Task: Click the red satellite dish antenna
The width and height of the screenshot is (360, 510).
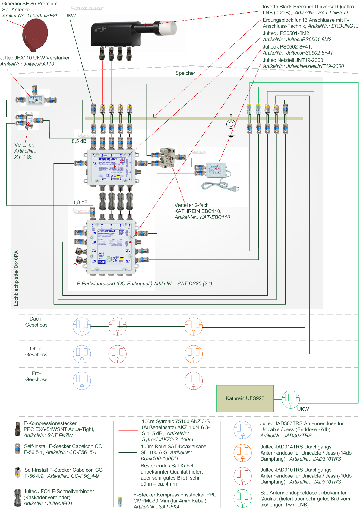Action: click(x=35, y=34)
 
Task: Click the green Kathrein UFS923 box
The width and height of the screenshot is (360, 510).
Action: click(x=245, y=398)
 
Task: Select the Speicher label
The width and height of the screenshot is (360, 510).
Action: click(x=185, y=73)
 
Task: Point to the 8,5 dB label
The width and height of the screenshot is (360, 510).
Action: click(x=79, y=141)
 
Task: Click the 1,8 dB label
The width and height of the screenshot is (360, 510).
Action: click(x=80, y=202)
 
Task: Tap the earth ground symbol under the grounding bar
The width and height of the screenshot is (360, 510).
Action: click(x=231, y=136)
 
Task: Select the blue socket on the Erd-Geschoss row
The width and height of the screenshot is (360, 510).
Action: click(x=82, y=381)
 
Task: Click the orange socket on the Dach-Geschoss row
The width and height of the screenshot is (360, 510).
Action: click(x=194, y=326)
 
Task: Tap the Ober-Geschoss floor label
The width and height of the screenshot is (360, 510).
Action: click(x=36, y=352)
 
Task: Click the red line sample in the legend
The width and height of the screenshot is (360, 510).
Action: click(x=128, y=430)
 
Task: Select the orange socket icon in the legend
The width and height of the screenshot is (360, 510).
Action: click(x=242, y=453)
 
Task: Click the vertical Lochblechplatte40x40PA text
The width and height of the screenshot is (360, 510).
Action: click(x=16, y=278)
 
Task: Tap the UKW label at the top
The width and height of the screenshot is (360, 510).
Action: click(x=70, y=16)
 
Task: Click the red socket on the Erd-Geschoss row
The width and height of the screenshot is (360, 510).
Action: click(x=193, y=381)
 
